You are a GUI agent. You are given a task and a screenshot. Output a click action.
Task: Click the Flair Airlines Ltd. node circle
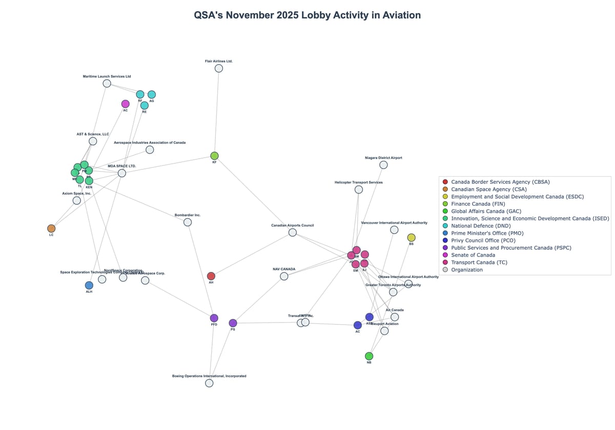point(219,69)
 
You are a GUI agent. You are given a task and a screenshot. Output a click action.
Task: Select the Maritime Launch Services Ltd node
point(107,83)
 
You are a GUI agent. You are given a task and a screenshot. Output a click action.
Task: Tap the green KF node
point(214,156)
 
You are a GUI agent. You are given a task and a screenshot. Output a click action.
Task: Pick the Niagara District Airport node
point(383,165)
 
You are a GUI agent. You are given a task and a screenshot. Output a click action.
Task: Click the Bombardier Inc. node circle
point(188,222)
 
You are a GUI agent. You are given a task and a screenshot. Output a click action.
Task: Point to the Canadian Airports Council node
point(292,232)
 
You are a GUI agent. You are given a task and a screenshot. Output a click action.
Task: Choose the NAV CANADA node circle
point(284,276)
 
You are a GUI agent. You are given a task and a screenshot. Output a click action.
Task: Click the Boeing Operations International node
point(209,383)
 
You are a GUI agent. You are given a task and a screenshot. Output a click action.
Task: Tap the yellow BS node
point(411,238)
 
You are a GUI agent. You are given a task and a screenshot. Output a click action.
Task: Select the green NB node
point(369,356)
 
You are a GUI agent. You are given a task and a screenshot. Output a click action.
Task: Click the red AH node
point(211,276)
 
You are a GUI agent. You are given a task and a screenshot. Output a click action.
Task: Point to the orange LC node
point(51,228)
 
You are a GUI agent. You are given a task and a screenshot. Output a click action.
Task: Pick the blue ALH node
point(89,285)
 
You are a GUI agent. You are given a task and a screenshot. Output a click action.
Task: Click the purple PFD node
point(214,318)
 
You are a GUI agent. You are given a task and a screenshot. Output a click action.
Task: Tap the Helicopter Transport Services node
point(359,189)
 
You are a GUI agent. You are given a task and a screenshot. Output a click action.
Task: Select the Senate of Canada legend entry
point(473,255)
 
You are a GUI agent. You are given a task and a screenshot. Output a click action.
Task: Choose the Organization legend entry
point(466,270)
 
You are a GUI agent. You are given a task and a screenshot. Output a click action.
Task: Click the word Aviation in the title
point(398,15)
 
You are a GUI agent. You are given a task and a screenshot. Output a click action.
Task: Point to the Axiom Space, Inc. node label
point(76,193)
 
